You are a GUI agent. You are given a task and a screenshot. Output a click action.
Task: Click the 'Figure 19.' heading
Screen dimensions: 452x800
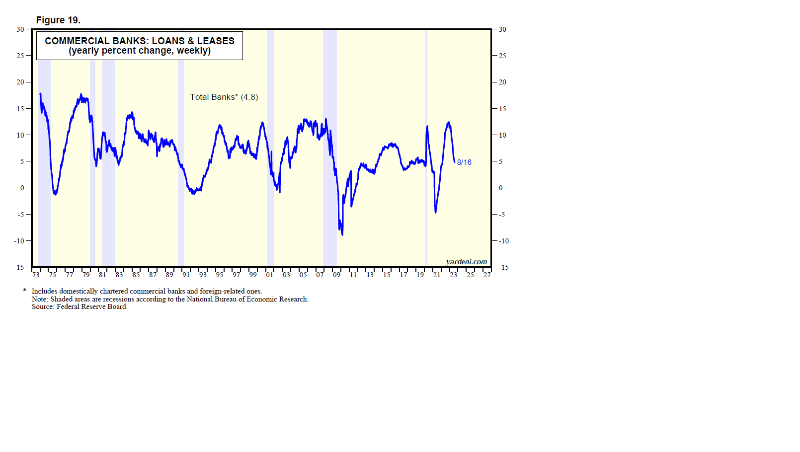coord(58,20)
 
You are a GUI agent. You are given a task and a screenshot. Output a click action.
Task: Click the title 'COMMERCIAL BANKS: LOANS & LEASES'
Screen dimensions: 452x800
coord(140,41)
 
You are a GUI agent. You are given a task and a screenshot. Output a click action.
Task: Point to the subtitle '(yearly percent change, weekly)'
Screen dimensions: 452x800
coord(140,51)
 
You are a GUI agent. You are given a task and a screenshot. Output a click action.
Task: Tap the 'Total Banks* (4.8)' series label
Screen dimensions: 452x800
coord(224,97)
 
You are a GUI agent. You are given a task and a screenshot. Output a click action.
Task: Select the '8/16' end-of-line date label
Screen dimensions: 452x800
coord(464,162)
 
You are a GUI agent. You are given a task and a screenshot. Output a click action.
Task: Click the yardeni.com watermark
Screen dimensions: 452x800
coord(466,262)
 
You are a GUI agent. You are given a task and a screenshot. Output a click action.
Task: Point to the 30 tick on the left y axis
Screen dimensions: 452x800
coord(20,29)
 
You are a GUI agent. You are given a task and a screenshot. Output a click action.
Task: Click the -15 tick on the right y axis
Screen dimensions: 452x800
coord(504,267)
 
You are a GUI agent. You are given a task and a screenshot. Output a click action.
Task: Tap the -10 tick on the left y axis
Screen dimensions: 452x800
coord(19,241)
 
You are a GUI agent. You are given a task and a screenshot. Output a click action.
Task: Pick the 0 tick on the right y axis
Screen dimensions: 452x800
coord(501,188)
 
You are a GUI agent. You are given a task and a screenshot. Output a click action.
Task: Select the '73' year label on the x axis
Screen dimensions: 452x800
coord(36,275)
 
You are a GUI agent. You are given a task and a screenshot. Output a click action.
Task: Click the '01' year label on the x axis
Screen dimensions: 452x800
coord(269,275)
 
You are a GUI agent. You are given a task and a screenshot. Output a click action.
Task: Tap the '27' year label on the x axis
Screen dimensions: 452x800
coord(487,275)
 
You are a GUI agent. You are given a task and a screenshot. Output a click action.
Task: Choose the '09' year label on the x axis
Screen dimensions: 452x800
coord(336,275)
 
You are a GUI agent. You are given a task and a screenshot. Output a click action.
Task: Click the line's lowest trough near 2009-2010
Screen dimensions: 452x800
coord(342,234)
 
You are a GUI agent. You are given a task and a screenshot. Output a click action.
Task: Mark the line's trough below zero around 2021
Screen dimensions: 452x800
coord(436,212)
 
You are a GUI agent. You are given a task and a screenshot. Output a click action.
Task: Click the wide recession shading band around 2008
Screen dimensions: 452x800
coord(329,149)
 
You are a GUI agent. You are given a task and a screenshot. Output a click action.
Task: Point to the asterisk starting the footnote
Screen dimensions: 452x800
coord(24,291)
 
